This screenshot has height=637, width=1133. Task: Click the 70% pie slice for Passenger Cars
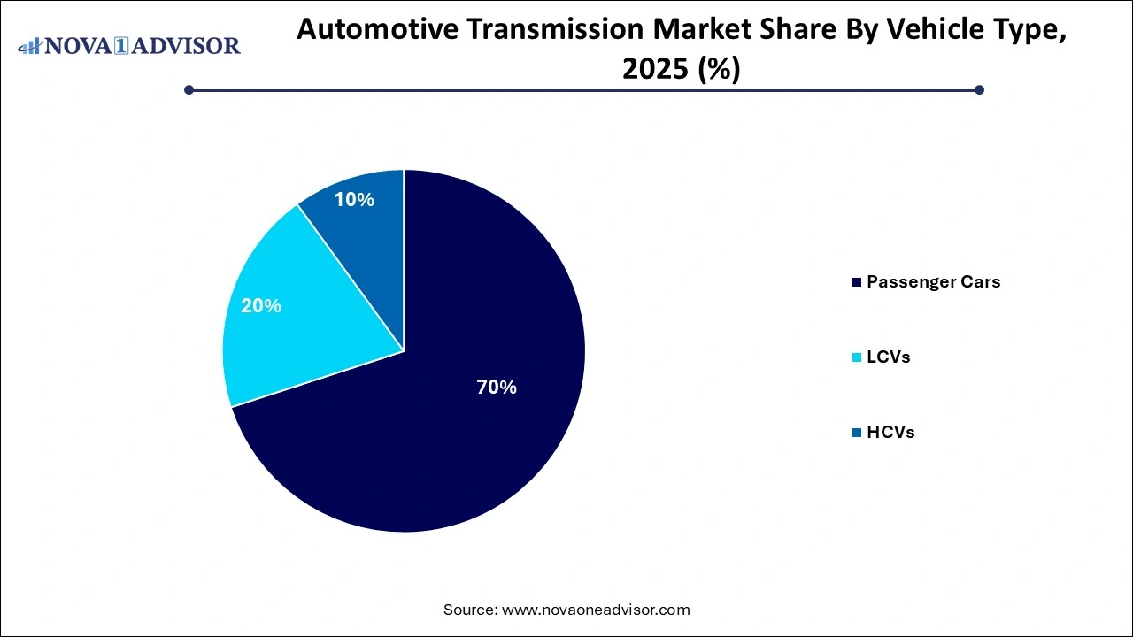[443, 425]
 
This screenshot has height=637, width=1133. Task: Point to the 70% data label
[496, 387]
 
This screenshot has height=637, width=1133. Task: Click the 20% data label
[261, 306]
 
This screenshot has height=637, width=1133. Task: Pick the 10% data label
[354, 200]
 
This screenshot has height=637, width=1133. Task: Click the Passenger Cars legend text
[934, 282]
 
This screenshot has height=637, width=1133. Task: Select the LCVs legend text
[888, 357]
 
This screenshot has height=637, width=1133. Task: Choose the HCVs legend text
[890, 433]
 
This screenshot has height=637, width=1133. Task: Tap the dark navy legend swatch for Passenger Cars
[856, 283]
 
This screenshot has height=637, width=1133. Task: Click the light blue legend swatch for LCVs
[856, 358]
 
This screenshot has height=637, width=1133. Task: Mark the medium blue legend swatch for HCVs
[856, 434]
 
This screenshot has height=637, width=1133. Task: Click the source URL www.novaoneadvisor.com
[596, 610]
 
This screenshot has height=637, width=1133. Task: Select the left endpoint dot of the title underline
[189, 89]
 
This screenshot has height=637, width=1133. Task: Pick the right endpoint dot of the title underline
[979, 89]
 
